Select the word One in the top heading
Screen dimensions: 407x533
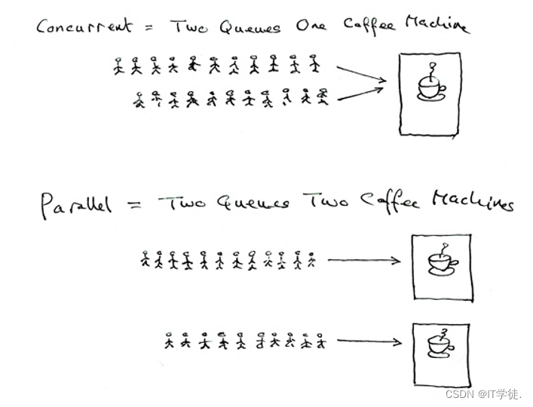click(312, 26)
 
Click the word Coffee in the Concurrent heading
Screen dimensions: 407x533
click(369, 24)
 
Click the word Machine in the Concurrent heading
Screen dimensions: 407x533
click(437, 24)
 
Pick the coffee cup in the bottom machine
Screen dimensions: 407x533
click(440, 344)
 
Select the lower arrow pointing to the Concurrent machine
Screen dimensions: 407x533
click(362, 93)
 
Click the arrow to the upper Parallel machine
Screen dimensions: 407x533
click(363, 262)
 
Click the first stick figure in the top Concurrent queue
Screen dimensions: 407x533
click(118, 66)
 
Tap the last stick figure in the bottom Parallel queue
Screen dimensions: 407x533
click(322, 341)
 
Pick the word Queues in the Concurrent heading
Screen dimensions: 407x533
click(250, 27)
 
